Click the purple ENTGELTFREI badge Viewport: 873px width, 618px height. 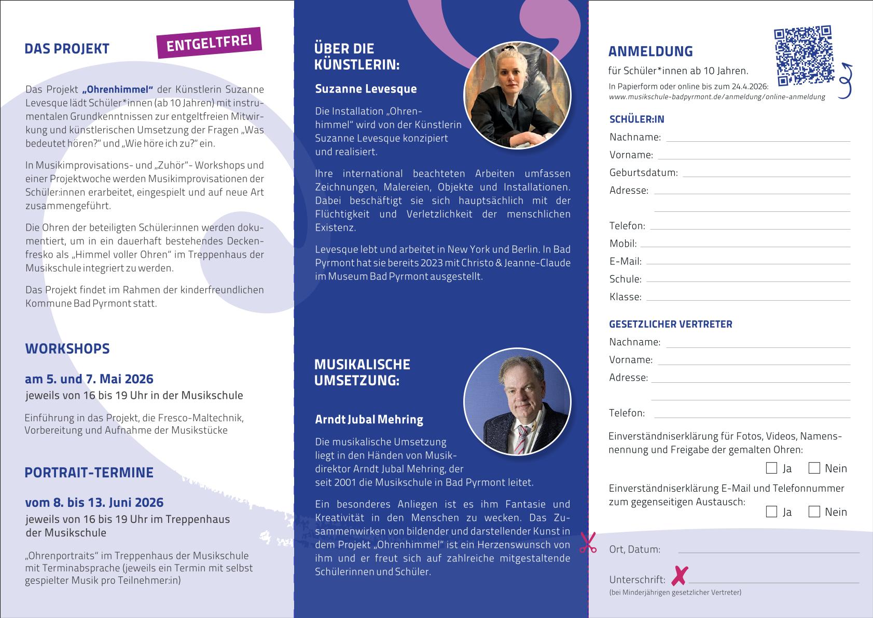[209, 43]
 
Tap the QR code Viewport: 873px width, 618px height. [803, 55]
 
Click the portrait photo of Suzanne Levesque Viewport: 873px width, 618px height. [517, 96]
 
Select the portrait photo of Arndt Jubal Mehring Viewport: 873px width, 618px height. [517, 401]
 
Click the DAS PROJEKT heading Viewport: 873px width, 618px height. [67, 49]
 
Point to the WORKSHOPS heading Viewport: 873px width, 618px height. [67, 348]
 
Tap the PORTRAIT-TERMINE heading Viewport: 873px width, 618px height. [89, 473]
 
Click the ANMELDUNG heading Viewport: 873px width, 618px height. [650, 51]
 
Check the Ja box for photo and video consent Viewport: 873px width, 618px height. [771, 468]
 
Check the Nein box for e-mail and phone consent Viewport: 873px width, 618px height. [814, 512]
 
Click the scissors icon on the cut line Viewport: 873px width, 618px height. [588, 543]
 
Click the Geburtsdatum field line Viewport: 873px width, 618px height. [766, 176]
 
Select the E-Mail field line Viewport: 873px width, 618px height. [748, 264]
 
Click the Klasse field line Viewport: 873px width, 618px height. [748, 300]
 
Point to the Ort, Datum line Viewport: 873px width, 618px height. [768, 552]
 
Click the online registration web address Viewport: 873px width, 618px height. [717, 97]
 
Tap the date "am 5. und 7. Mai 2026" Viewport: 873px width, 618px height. [89, 379]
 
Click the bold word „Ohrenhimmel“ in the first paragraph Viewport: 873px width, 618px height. [117, 89]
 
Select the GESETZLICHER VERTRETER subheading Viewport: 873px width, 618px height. [671, 325]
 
